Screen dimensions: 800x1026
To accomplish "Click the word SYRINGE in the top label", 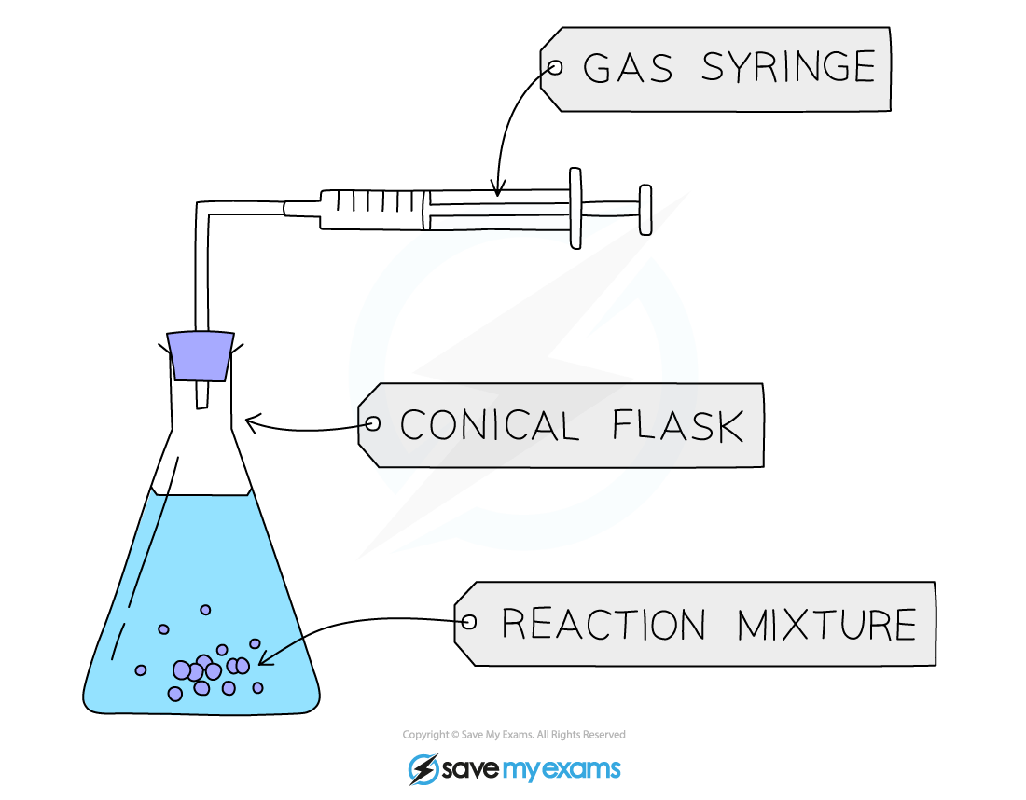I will (788, 67).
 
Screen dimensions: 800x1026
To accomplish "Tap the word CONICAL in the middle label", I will (489, 426).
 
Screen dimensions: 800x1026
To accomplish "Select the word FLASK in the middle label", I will (678, 426).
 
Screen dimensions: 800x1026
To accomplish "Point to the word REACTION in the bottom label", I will (603, 624).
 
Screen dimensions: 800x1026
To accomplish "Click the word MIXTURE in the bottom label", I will (826, 624).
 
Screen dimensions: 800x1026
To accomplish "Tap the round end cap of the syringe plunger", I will (645, 209).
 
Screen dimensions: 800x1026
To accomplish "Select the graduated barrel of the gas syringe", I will (373, 208).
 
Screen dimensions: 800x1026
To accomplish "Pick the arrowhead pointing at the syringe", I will (498, 190).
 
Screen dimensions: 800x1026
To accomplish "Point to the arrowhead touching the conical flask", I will (250, 422).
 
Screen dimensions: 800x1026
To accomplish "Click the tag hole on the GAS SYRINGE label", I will (556, 67).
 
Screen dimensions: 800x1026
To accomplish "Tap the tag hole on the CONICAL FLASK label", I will (373, 424).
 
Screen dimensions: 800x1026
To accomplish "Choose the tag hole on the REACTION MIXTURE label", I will (469, 622).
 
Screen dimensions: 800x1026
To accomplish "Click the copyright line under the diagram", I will (514, 735).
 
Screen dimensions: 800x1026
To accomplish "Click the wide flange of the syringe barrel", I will (575, 208).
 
